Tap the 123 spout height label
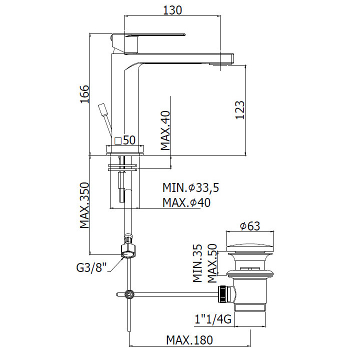(240, 109)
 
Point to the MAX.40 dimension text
(166, 130)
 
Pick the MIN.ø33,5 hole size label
(190, 188)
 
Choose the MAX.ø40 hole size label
(186, 202)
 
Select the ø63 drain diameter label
(250, 226)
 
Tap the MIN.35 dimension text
(197, 263)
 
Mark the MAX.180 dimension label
(189, 340)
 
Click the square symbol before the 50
(118, 140)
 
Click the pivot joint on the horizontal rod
(129, 294)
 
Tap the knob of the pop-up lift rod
(103, 108)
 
